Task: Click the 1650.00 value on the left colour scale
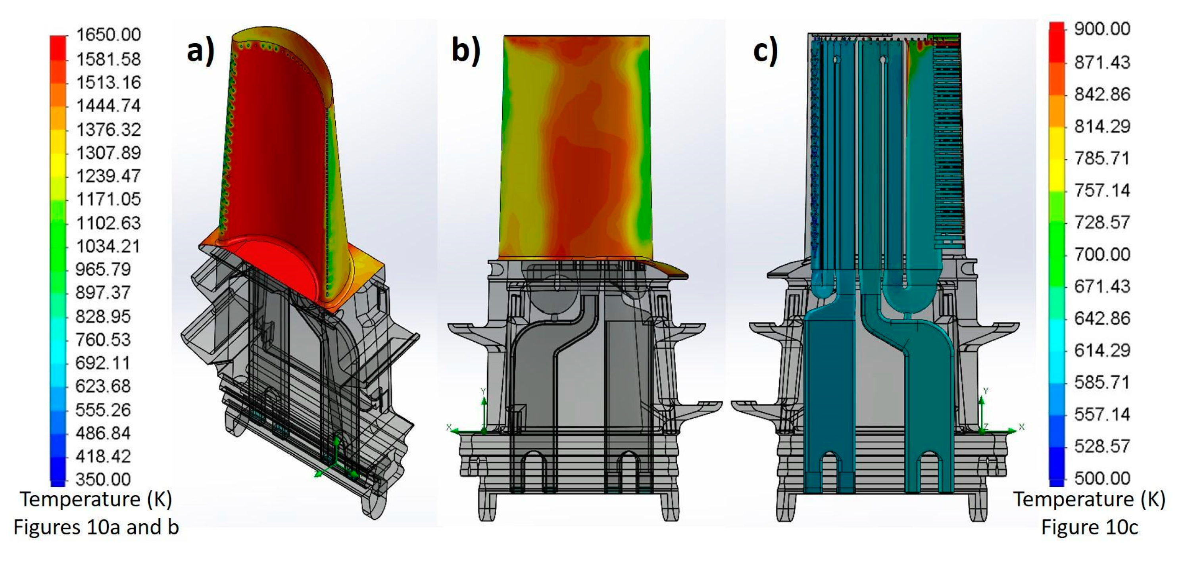(108, 35)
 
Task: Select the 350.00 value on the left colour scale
(103, 480)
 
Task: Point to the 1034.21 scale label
(108, 246)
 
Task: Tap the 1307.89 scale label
(108, 153)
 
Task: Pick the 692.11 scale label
(103, 363)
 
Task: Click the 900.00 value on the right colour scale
(1102, 29)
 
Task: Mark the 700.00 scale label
(1102, 254)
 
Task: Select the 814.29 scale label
(1102, 126)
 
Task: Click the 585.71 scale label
(1102, 382)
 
